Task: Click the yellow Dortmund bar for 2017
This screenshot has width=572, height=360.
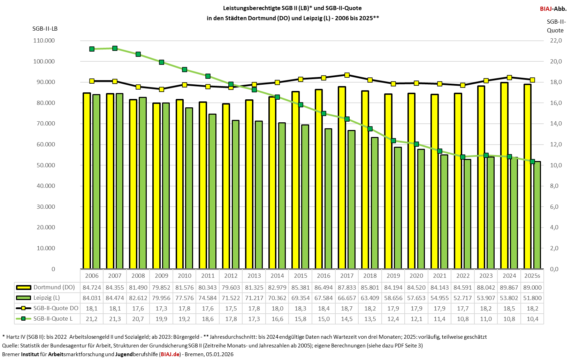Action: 342,178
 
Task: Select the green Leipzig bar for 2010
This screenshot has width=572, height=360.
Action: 189,188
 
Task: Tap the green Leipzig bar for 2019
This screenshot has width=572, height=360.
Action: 398,208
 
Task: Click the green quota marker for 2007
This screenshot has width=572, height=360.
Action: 115,48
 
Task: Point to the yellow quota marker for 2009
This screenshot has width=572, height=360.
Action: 161,89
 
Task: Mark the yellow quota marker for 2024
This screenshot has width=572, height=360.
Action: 509,77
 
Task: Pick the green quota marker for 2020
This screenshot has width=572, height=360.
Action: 416,144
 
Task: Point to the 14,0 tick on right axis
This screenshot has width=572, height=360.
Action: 556,123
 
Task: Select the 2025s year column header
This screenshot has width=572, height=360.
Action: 532,276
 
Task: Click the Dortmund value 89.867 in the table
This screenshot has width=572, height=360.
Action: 509,288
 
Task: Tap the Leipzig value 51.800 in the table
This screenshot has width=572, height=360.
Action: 532,298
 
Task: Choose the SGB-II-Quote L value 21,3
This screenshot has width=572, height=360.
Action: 115,319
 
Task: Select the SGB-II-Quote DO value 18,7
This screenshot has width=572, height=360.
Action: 347,308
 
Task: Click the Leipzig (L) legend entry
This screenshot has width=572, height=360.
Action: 46,298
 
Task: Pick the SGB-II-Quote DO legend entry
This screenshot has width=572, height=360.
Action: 56,308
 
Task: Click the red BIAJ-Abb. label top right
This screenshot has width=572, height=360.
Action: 553,9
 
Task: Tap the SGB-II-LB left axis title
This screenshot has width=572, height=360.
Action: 45,29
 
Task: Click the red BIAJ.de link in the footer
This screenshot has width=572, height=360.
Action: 170,354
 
